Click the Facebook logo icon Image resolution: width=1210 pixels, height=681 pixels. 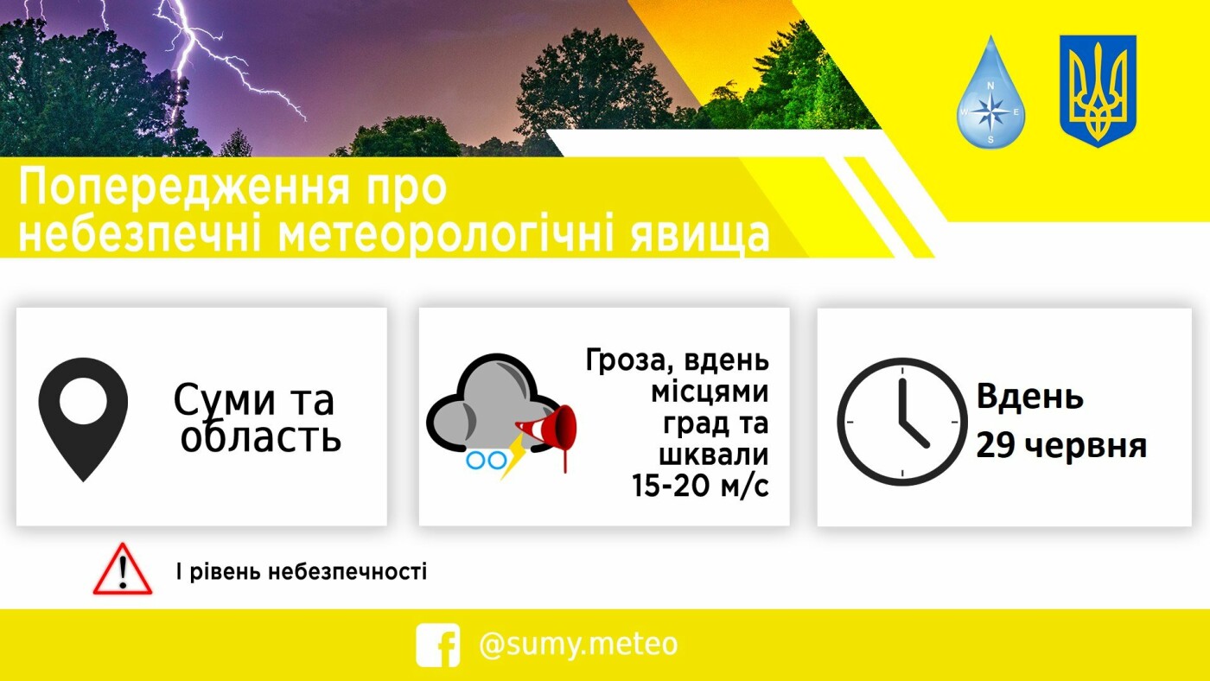(437, 645)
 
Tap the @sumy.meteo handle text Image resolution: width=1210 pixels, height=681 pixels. (578, 645)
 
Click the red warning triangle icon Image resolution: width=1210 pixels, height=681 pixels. (123, 569)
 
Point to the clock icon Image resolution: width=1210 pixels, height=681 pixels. (902, 422)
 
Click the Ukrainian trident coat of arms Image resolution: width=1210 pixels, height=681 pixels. (1099, 91)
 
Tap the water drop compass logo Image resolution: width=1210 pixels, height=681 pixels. (990, 92)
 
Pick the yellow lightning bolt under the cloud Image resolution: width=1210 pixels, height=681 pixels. (513, 456)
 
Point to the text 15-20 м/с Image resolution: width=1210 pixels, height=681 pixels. (700, 486)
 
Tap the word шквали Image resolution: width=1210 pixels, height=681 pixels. (714, 455)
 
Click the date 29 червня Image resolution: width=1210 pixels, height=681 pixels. (1061, 446)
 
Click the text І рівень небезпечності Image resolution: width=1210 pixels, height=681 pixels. (302, 571)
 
